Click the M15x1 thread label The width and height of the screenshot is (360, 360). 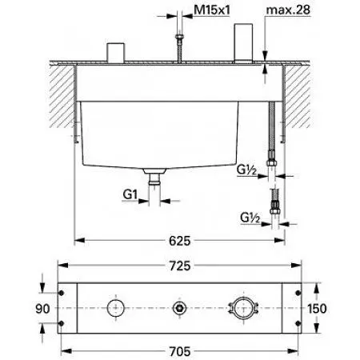pos(212,10)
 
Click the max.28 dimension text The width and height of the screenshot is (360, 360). pos(288,10)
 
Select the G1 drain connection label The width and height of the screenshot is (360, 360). pos(130,194)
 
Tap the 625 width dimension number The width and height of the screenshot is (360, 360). pos(180,241)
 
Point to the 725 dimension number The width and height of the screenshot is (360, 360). pos(180,266)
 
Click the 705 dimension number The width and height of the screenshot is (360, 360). pos(180,351)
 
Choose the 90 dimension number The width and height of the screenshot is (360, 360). pos(42,309)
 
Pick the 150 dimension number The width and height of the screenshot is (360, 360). pos(317,309)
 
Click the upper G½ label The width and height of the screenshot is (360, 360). pos(246,170)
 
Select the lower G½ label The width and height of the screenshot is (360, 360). pos(250,218)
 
